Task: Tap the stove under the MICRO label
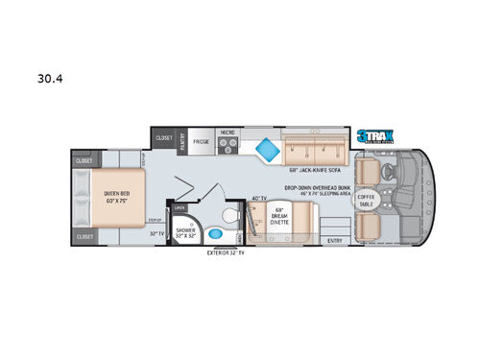(x=228, y=146)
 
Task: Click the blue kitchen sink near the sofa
(x=264, y=149)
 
